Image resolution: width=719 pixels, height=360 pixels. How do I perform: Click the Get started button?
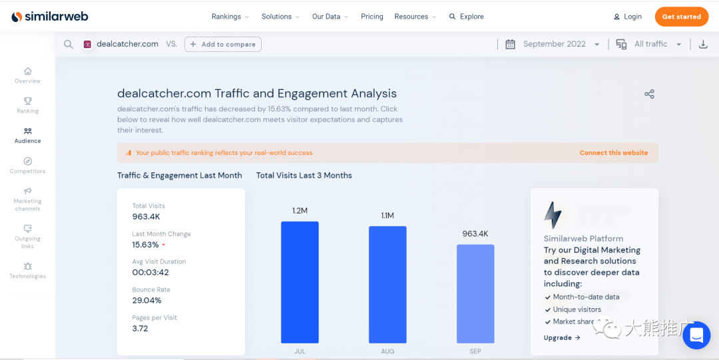(681, 17)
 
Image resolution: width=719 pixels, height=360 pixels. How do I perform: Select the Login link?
(628, 17)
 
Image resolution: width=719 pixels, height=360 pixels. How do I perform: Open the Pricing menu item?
(371, 17)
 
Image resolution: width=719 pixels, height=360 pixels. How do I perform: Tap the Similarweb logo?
(50, 17)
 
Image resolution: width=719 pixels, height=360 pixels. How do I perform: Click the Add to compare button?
(223, 45)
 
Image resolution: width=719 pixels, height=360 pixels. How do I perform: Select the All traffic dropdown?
(650, 45)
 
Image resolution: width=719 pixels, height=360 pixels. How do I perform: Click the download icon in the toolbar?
(703, 45)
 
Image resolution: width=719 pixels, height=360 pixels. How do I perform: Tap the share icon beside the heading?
(649, 94)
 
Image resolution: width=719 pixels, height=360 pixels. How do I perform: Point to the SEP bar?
(475, 293)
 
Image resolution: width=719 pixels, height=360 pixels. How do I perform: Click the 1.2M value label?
(300, 211)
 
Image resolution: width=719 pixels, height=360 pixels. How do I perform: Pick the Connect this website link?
(613, 153)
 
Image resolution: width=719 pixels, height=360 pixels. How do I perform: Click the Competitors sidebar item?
(28, 166)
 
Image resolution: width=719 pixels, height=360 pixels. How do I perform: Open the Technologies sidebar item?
(28, 270)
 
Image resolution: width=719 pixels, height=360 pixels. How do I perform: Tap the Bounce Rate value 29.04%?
(146, 301)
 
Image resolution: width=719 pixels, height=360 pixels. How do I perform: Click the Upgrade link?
(562, 338)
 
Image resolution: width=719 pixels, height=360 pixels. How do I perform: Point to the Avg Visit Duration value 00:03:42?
(150, 273)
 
